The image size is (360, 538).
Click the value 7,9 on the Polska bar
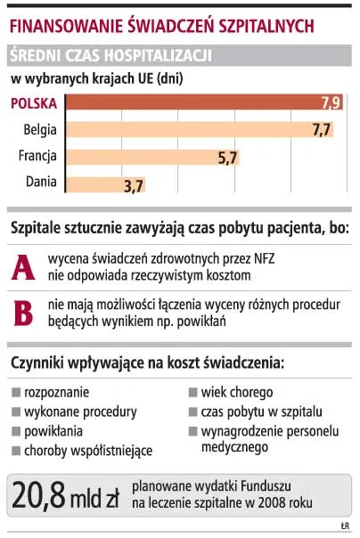(330, 103)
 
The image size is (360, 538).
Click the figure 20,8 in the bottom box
(43, 494)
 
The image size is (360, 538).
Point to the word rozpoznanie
(55, 393)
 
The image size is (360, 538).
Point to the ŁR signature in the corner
(345, 526)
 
